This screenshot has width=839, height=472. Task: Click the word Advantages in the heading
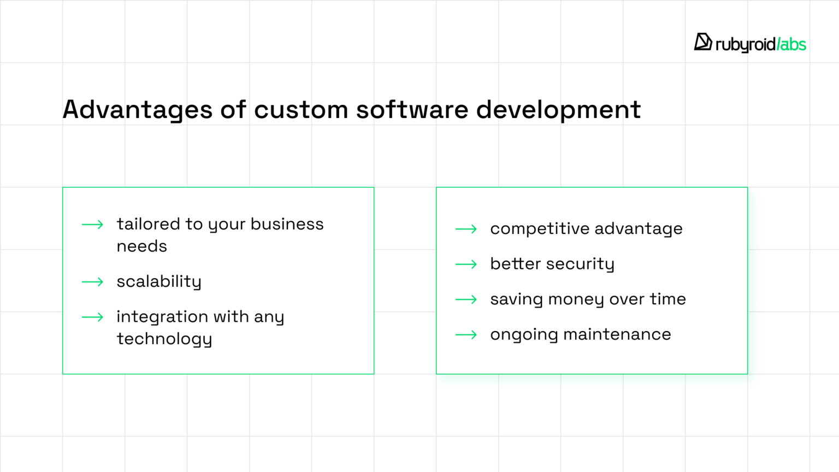(x=137, y=110)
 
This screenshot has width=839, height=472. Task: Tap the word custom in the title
(x=301, y=110)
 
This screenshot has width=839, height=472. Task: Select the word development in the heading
(x=558, y=110)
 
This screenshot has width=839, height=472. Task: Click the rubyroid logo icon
(x=702, y=42)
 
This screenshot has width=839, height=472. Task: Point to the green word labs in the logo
(x=792, y=44)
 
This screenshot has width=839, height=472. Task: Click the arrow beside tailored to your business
(x=92, y=225)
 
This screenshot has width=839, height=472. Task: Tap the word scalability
(x=159, y=282)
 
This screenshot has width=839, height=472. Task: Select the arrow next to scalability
(x=92, y=282)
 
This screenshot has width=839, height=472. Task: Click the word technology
(x=164, y=339)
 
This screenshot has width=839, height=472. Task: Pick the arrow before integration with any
(x=92, y=317)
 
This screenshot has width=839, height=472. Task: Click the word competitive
(x=539, y=229)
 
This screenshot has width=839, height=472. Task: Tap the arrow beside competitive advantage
(x=466, y=229)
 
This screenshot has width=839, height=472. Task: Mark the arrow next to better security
(x=466, y=264)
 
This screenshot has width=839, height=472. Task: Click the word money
(x=576, y=300)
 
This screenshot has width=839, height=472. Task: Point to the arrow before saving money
(x=466, y=299)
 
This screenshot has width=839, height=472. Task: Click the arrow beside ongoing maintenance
(x=466, y=335)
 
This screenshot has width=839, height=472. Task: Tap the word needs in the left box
(x=141, y=247)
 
